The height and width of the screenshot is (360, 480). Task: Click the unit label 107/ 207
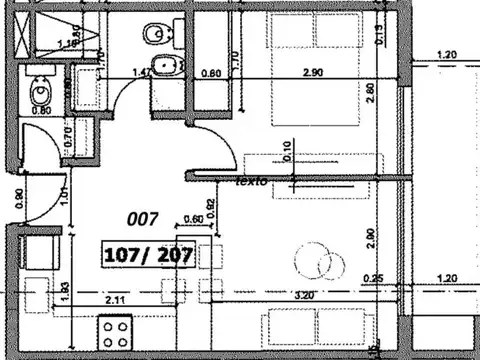click(x=148, y=255)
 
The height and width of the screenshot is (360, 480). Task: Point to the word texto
click(x=250, y=183)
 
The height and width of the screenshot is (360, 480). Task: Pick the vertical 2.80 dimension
click(x=369, y=93)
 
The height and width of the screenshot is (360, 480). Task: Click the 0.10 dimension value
click(x=288, y=151)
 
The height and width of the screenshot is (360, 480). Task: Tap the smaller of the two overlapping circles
click(x=331, y=265)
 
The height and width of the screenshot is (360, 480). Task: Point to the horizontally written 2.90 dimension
click(x=313, y=74)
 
